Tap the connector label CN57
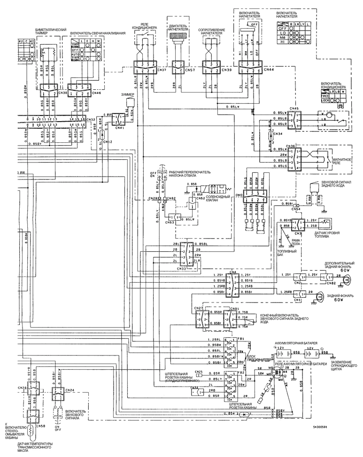point(190,70)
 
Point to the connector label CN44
point(269,70)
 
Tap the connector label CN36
point(290,145)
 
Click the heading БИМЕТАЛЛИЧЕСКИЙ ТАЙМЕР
point(50,31)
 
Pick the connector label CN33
point(181,269)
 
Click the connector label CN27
point(199,308)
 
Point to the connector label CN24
point(70,389)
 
